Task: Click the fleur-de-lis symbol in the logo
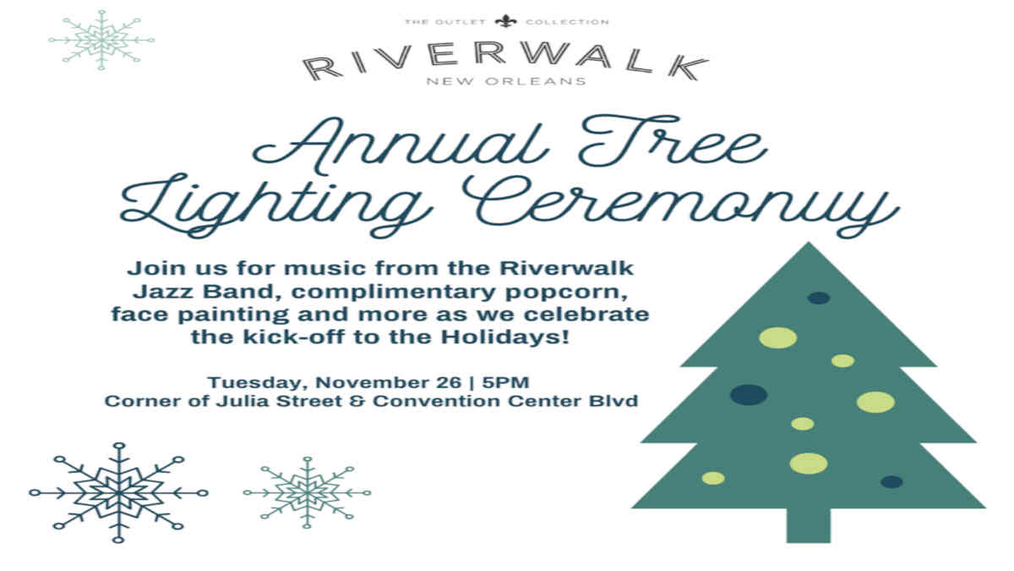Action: [505, 21]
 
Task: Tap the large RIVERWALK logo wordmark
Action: [505, 61]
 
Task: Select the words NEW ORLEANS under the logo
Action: [506, 81]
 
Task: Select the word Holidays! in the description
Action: [505, 337]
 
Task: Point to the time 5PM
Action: [505, 382]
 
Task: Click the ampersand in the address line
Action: [357, 401]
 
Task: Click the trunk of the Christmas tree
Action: [809, 525]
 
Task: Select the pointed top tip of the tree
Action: [809, 243]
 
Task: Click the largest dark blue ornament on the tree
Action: [749, 394]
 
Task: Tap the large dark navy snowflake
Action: [118, 492]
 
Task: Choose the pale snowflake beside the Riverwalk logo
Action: [101, 40]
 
